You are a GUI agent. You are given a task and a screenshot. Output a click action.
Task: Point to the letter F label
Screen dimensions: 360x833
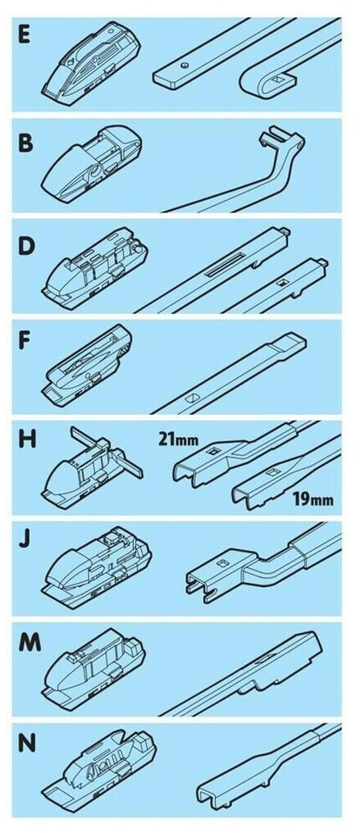(25, 342)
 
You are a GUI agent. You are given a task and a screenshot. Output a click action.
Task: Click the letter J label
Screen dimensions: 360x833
(25, 538)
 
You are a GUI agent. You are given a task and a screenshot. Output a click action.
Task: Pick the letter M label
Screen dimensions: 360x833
(30, 642)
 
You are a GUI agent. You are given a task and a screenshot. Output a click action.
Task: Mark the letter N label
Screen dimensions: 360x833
(26, 743)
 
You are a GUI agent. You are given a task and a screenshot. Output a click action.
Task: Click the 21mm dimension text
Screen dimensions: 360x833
(177, 440)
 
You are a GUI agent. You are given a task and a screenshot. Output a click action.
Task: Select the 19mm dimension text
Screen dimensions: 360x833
(313, 500)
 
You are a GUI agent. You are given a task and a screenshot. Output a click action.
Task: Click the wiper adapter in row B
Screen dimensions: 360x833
(91, 163)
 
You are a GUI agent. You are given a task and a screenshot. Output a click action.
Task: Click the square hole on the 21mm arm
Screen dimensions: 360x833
(215, 452)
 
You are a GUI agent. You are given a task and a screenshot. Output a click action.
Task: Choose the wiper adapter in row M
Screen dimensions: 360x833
(93, 669)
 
